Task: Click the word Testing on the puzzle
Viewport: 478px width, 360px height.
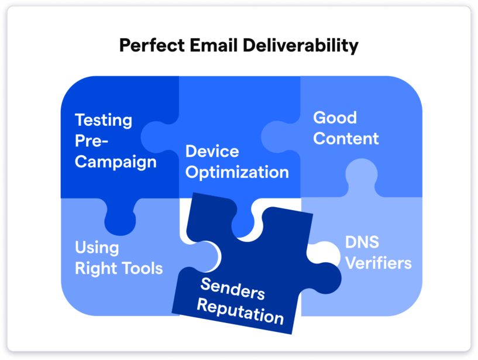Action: click(x=104, y=120)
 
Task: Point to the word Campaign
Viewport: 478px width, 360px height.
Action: click(x=116, y=162)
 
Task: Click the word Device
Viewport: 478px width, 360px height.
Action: click(x=212, y=151)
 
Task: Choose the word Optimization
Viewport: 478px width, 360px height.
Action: click(x=237, y=172)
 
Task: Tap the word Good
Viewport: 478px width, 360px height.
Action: click(x=335, y=118)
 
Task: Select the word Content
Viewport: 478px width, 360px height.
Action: click(x=346, y=139)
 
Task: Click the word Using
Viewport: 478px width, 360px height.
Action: click(x=97, y=248)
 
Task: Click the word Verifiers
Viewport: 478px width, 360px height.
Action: click(x=378, y=263)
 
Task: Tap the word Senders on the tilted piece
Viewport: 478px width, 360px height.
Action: click(x=233, y=289)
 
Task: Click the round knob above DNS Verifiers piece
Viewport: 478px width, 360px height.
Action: click(x=361, y=174)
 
